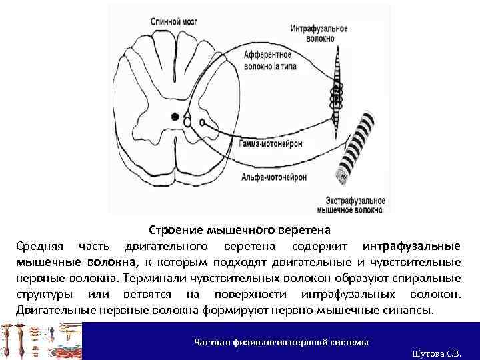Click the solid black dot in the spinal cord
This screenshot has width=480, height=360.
[175, 117]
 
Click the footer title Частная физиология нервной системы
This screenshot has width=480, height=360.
[281, 342]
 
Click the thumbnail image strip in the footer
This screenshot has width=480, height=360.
[41, 341]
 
